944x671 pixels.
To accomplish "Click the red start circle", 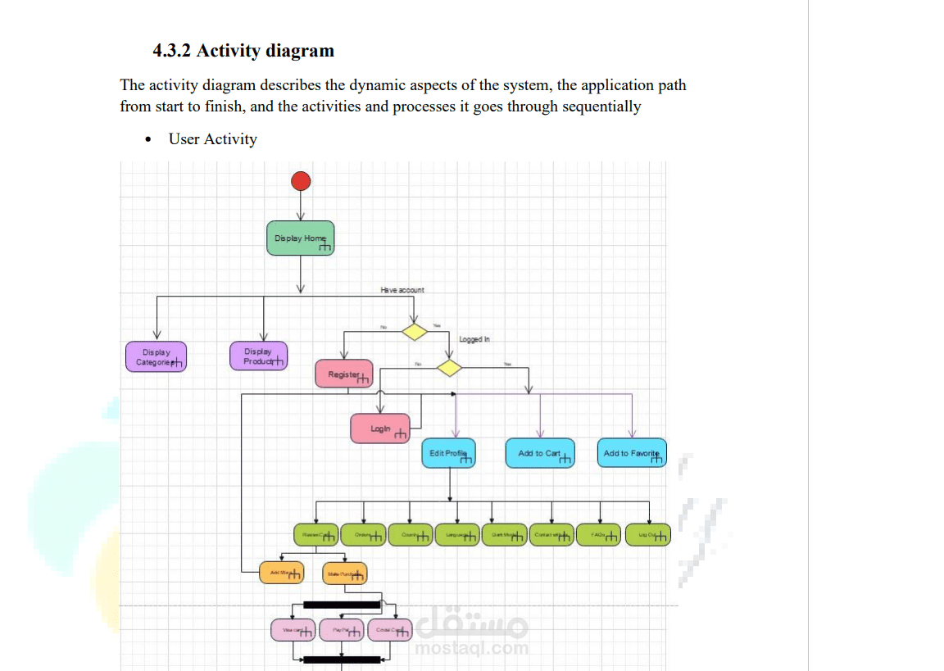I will click(x=301, y=181).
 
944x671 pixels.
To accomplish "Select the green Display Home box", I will click(x=301, y=238).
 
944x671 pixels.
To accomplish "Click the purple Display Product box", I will click(x=259, y=356).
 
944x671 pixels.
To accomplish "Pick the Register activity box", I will click(x=344, y=374).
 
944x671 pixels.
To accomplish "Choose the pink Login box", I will click(x=380, y=428).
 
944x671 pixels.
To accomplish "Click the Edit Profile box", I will click(x=449, y=453).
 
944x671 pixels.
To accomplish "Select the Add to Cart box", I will click(x=540, y=453).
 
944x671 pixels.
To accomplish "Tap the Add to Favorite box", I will click(x=632, y=453).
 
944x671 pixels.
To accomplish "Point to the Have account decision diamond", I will click(x=414, y=332).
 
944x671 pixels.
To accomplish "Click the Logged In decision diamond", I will click(x=449, y=368).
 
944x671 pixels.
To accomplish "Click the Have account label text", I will click(x=402, y=290).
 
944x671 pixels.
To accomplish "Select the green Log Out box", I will click(x=648, y=535).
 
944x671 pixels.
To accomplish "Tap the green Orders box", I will click(x=364, y=535).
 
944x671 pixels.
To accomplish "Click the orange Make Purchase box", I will click(x=345, y=574).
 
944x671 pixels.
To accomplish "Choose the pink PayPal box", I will click(x=342, y=630).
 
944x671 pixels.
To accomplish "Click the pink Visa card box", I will click(x=293, y=630).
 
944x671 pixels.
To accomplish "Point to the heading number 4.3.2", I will click(x=172, y=51).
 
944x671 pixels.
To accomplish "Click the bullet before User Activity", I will click(x=147, y=139).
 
